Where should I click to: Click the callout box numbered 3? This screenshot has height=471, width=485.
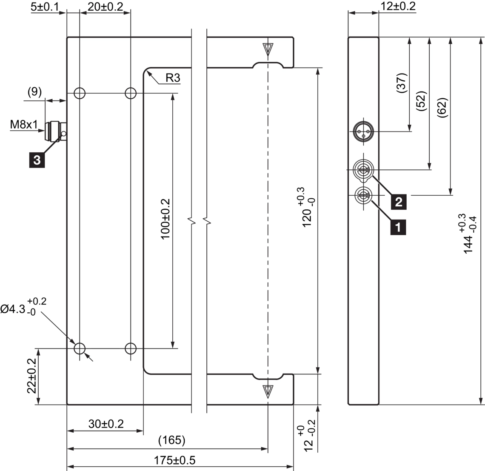coord(37,160)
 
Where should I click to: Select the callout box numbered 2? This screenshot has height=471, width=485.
coord(398,201)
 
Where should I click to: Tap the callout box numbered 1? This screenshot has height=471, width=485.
coord(398,226)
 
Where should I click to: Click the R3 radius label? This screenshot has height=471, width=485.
coord(172,78)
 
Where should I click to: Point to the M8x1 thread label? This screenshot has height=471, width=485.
coord(24,125)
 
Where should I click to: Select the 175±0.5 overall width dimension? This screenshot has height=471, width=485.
coord(175,460)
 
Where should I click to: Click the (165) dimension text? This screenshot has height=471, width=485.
coord(171,440)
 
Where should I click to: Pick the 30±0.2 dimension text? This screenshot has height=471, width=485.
coord(106,424)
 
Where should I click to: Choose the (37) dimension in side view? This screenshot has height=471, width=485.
coord(402,83)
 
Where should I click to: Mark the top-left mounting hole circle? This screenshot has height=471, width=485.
coord(80,93)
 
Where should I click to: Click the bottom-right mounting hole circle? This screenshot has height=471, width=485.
coord(131,348)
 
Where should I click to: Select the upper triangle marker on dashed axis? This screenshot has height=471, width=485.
coord(268,49)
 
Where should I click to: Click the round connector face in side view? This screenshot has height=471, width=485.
coord(363,131)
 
